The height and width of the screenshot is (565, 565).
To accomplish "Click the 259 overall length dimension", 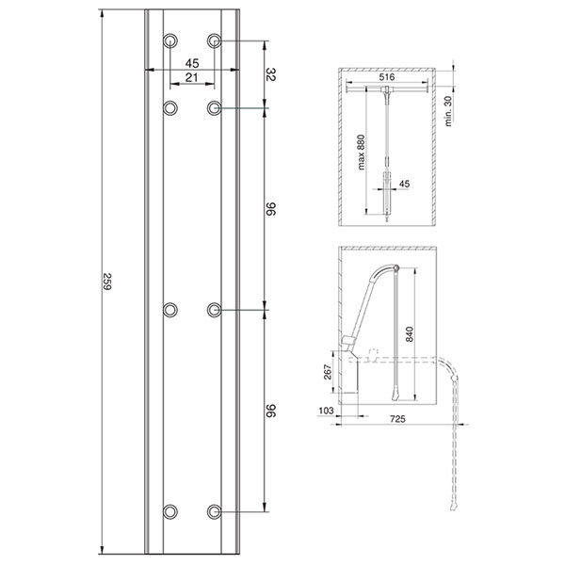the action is [107, 282].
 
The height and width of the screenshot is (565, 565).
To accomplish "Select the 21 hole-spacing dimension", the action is [192, 77].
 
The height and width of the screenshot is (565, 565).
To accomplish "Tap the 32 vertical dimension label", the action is [271, 74].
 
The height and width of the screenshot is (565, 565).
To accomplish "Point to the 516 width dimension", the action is [387, 77].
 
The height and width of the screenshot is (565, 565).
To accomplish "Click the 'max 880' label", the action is [361, 152].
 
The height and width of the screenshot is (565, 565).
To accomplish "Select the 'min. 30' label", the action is [448, 111].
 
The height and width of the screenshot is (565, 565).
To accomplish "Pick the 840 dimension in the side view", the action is [410, 334].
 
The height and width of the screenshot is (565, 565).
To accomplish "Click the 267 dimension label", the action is [328, 372].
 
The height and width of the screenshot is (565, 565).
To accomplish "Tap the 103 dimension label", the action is [326, 411].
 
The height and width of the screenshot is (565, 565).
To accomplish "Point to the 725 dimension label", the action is [397, 419].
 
